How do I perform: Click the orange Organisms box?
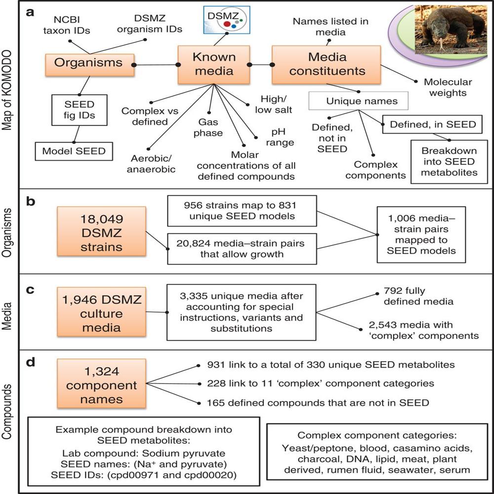(x=88, y=63)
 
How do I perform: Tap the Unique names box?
(x=358, y=101)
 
